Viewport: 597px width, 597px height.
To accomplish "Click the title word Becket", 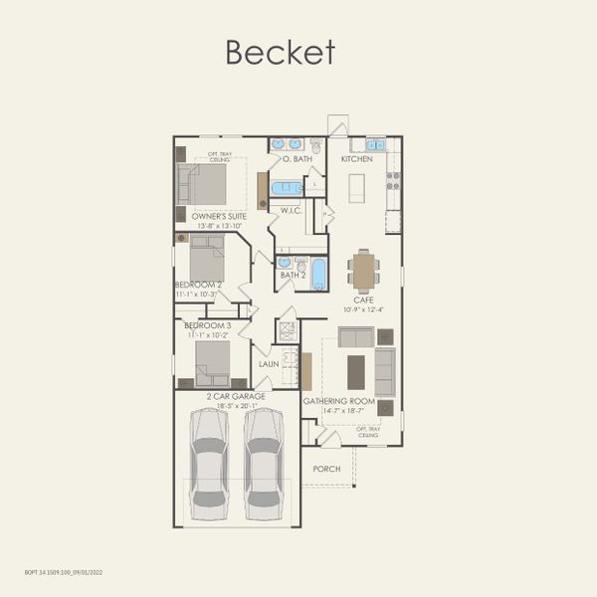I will click(x=280, y=52).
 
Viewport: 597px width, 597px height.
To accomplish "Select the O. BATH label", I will click(x=298, y=159).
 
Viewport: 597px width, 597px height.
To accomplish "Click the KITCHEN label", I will click(x=357, y=159).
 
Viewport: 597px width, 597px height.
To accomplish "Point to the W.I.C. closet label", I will click(x=292, y=210).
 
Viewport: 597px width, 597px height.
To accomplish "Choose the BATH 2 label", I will click(x=293, y=275).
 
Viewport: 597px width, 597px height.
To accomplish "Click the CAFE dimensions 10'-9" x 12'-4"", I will click(x=362, y=309).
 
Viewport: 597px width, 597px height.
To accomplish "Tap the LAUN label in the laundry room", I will click(x=269, y=364).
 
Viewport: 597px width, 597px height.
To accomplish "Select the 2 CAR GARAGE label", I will click(x=236, y=396).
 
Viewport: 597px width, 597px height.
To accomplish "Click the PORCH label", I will click(x=326, y=469).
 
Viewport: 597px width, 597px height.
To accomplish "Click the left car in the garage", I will click(x=209, y=458).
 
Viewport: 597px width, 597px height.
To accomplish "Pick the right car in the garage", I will click(x=264, y=458).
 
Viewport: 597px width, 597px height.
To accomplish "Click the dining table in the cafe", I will click(x=364, y=271).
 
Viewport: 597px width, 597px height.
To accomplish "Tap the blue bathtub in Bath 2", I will click(x=318, y=274).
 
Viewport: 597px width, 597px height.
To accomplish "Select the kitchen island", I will click(x=356, y=187).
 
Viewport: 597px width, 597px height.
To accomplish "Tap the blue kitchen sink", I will click(x=376, y=144).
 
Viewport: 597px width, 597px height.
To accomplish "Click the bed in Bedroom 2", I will click(x=207, y=259).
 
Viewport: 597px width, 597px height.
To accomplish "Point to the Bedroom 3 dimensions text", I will click(x=209, y=335).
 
